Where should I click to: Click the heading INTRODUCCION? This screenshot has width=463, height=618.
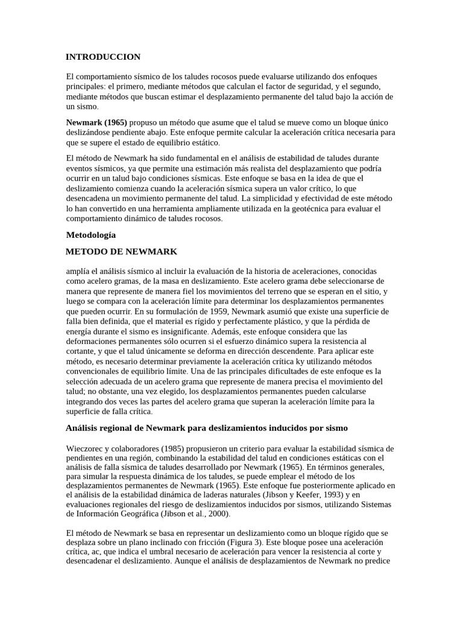[x=102, y=57]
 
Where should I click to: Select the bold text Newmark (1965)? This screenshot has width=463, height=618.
[x=96, y=121]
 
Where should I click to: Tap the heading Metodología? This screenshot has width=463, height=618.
[x=90, y=235]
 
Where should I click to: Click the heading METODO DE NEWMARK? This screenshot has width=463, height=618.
[x=121, y=251]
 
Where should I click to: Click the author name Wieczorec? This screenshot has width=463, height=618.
[x=86, y=448]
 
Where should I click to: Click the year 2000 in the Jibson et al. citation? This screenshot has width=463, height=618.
[x=213, y=514]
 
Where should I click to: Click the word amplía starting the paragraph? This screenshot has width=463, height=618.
[x=78, y=271]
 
